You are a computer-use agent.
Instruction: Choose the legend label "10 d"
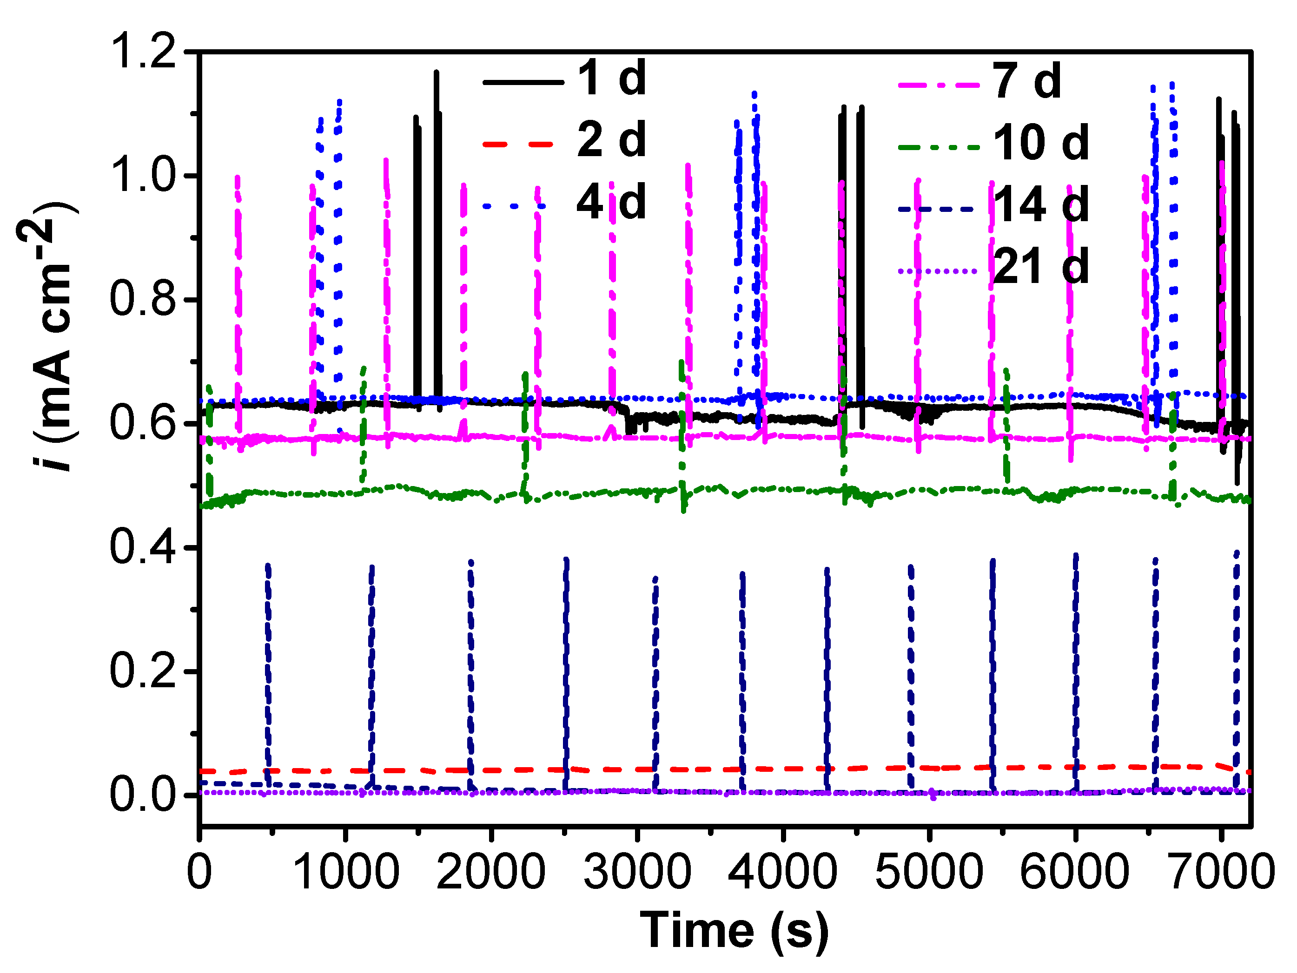pyautogui.click(x=1041, y=144)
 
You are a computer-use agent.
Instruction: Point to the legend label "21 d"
pyautogui.click(x=1041, y=267)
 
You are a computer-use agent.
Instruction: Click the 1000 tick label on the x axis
pyautogui.click(x=345, y=872)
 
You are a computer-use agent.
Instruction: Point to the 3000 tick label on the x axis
pyautogui.click(x=637, y=872)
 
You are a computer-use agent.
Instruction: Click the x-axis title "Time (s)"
pyautogui.click(x=734, y=930)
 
